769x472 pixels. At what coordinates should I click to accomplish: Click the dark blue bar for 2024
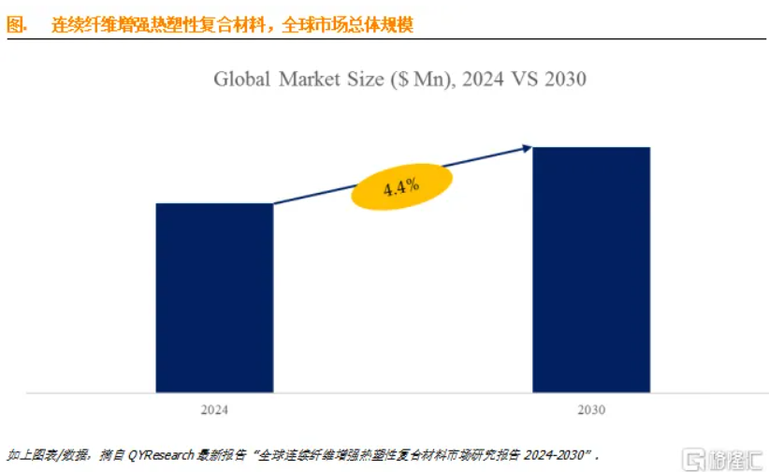pyautogui.click(x=214, y=297)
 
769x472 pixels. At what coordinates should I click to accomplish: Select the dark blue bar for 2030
pyautogui.click(x=591, y=269)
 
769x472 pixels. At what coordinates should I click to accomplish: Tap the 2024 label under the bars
pyautogui.click(x=214, y=410)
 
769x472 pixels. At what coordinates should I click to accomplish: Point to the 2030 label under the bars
pyautogui.click(x=591, y=410)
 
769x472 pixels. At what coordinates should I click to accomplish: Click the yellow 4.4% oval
pyautogui.click(x=400, y=185)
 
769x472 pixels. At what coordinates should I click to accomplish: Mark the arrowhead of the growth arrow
pyautogui.click(x=528, y=147)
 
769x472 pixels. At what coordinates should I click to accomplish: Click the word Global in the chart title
pyautogui.click(x=242, y=79)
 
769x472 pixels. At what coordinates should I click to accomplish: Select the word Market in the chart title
pyautogui.click(x=312, y=79)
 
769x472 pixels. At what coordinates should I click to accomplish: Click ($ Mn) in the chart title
pyautogui.click(x=420, y=79)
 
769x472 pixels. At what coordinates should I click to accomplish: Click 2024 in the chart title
pyautogui.click(x=483, y=79)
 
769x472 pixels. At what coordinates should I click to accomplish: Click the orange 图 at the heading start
pyautogui.click(x=15, y=25)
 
